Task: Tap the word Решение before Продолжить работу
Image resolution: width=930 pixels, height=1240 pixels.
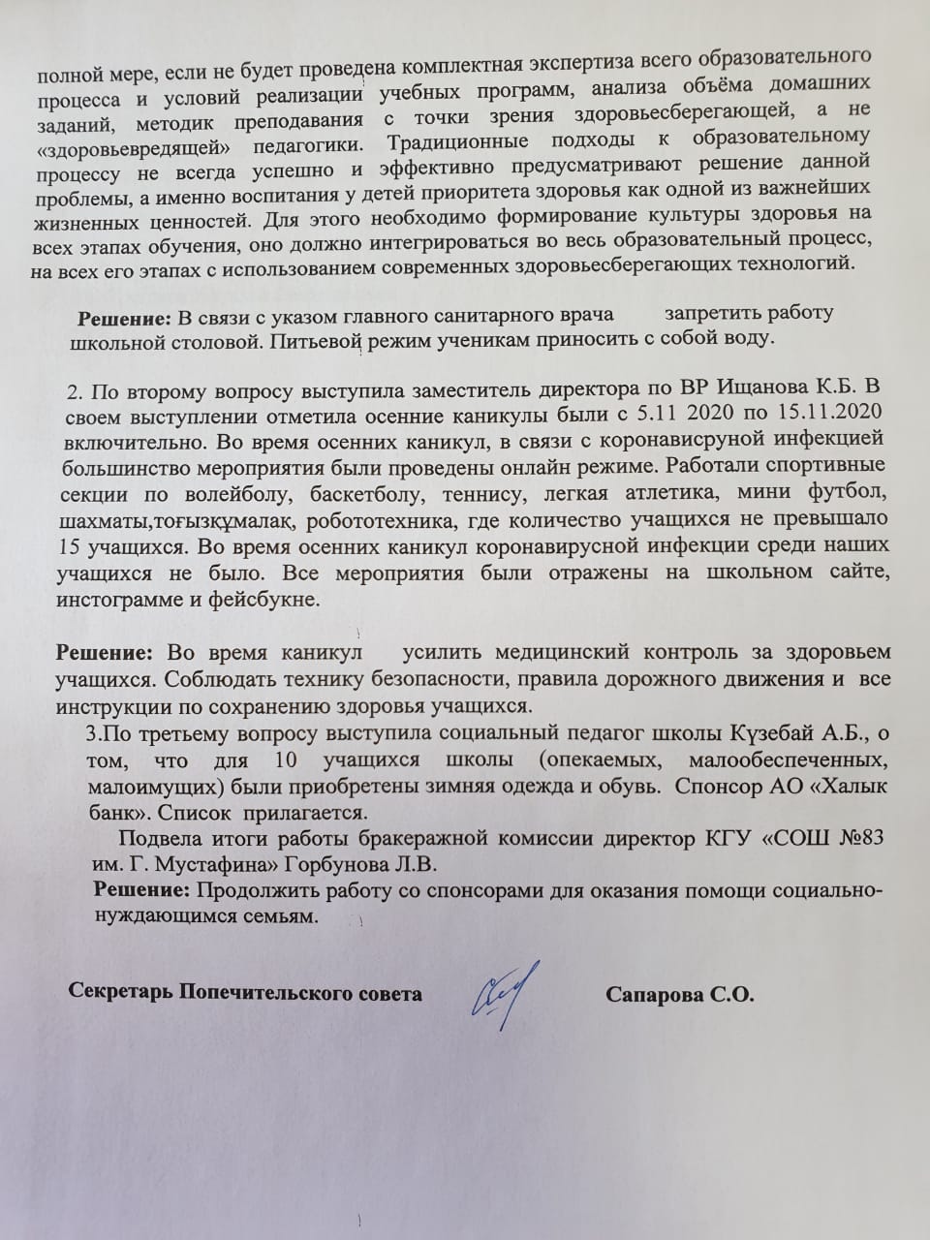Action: (x=141, y=889)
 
